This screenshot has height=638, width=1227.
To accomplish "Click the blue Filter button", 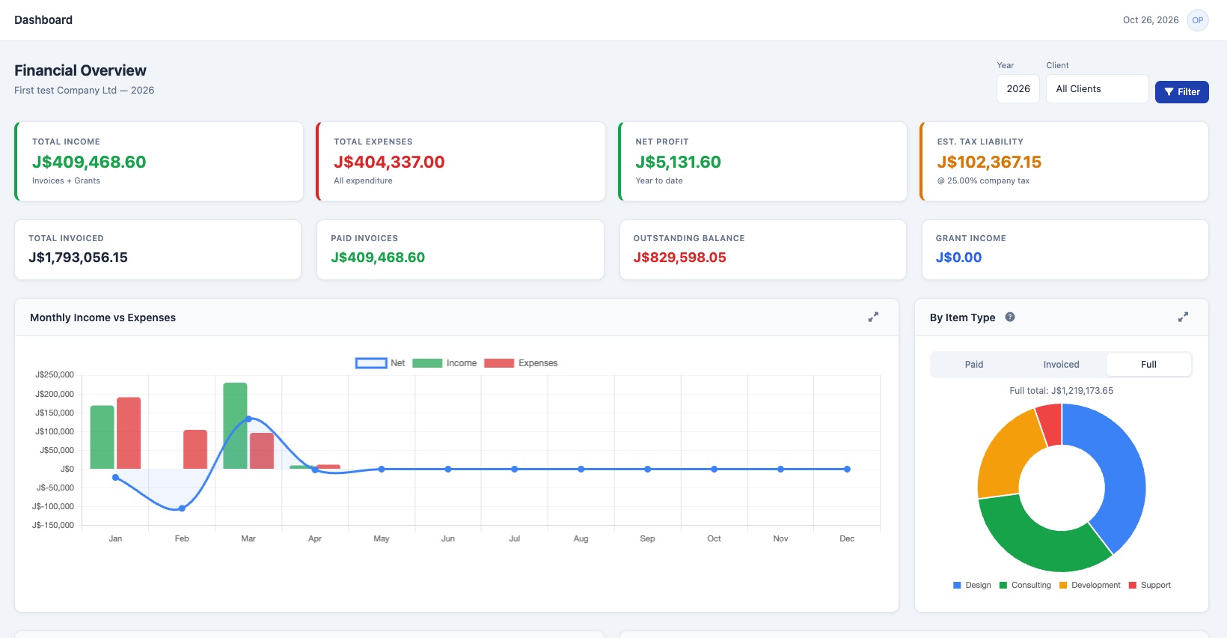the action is click(1181, 91).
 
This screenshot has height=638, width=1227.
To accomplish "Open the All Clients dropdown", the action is click(1097, 89).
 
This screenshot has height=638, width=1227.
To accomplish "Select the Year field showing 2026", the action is click(1018, 89).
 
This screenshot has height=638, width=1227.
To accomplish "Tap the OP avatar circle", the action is click(1197, 20).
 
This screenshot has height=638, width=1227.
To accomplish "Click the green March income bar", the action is click(235, 425).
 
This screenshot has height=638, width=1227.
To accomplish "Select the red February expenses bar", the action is click(195, 449).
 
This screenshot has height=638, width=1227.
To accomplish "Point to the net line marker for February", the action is click(182, 508).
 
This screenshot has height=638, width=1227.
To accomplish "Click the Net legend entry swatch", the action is click(371, 363).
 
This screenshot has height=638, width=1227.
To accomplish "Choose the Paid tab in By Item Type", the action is click(974, 365).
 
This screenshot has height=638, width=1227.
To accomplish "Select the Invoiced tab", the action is click(1061, 365).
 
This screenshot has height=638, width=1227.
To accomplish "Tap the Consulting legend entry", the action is click(1026, 585).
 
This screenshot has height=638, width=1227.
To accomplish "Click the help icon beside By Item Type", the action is click(1010, 317).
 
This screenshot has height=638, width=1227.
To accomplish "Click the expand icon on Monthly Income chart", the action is click(873, 317).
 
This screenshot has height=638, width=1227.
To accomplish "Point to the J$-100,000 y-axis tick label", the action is click(53, 506).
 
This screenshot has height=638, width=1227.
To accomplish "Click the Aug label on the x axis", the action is click(581, 539).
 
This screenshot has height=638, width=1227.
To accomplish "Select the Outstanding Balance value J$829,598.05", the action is click(680, 257).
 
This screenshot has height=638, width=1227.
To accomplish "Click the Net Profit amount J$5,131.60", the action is click(678, 162).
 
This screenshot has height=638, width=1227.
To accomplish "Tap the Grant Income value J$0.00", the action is click(958, 257).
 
